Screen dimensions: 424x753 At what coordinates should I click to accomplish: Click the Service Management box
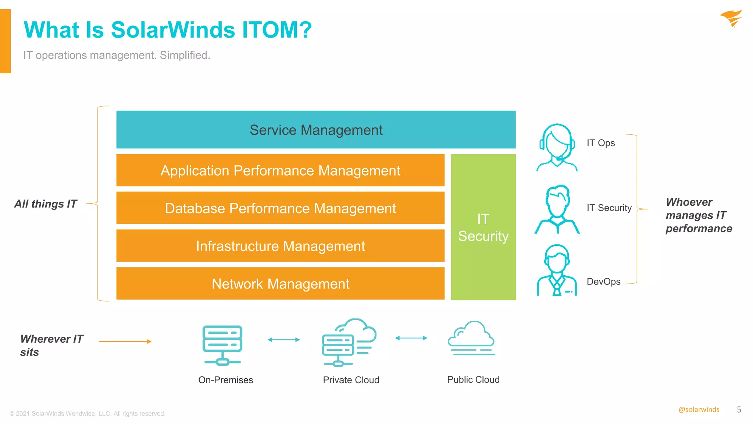tap(315, 130)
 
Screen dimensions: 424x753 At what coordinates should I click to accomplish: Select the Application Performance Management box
tap(280, 170)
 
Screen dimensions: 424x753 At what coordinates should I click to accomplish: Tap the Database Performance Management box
tap(280, 208)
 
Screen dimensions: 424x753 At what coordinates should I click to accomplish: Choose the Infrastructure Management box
tap(280, 246)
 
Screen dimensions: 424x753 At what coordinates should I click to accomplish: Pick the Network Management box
tap(280, 284)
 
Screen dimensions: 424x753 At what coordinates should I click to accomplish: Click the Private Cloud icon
tap(349, 342)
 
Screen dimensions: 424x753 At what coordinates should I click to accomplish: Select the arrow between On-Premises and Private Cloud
tap(283, 340)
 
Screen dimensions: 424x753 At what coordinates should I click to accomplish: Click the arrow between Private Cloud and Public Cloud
tap(411, 338)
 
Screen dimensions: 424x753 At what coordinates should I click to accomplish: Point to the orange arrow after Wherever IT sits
tap(125, 342)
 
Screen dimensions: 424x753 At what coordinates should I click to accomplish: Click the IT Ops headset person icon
tap(557, 147)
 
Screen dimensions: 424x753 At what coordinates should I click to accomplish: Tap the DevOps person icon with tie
tap(557, 271)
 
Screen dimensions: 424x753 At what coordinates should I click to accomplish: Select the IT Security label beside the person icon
tap(609, 208)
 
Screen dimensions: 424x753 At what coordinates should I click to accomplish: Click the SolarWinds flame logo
tap(731, 18)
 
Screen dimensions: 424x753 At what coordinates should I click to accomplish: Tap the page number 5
tap(739, 410)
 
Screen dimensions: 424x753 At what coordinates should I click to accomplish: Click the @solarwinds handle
tap(699, 410)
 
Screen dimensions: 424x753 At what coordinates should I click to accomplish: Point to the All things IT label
tap(46, 204)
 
